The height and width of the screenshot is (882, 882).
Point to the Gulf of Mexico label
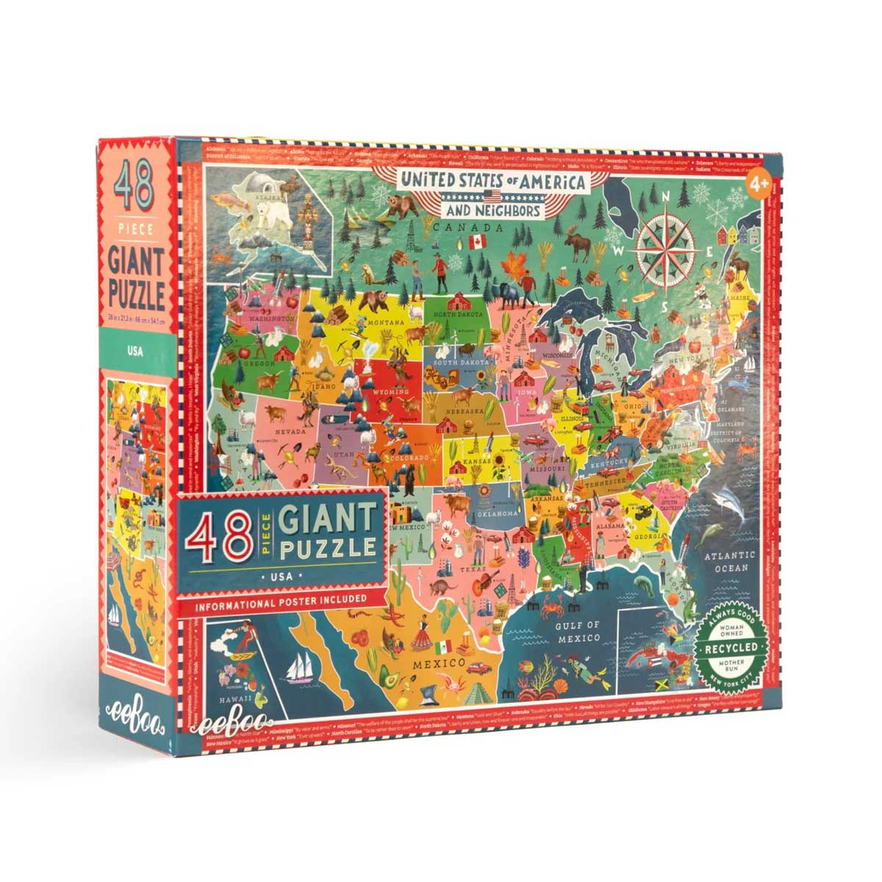click(x=578, y=633)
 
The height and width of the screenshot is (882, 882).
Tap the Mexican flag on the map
click(x=442, y=648)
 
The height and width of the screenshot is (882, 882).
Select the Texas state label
click(x=469, y=569)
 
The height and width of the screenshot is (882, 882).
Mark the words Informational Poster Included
click(x=281, y=599)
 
